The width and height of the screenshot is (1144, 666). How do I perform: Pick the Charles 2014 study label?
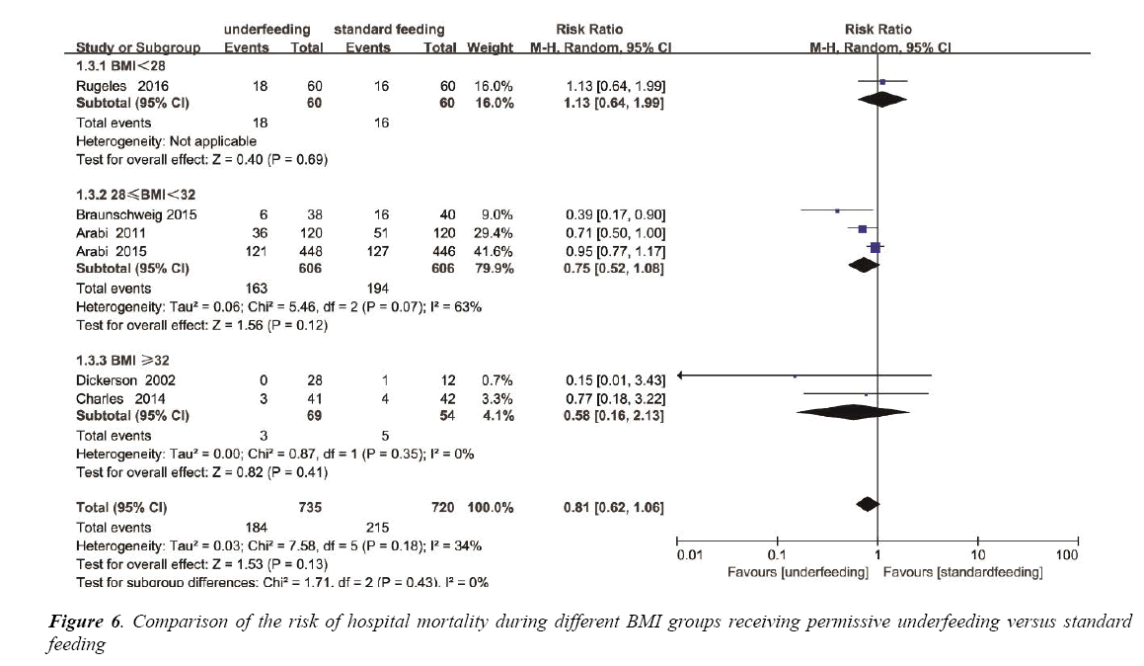112,398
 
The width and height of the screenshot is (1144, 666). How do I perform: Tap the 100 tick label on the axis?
1066,556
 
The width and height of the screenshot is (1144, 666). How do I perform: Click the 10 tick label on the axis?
977,556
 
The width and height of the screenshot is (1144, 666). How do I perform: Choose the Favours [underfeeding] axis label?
798,573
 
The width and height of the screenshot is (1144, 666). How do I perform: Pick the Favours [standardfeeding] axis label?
963,573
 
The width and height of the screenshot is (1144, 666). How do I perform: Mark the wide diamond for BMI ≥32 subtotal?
852,413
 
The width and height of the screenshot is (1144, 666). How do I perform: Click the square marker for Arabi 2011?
863,229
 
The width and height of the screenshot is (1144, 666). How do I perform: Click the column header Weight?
491,47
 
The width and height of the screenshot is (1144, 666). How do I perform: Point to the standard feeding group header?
389,30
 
